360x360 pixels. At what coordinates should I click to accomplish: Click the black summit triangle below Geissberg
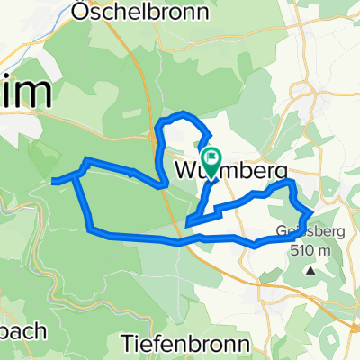point(310,269)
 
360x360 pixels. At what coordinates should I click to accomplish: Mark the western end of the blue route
point(52,181)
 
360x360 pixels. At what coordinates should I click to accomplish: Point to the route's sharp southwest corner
point(91,230)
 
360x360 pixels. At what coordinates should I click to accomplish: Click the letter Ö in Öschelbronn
point(80,12)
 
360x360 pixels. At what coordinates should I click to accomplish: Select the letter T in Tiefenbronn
point(126,343)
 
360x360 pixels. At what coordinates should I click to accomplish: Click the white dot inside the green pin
point(210,158)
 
